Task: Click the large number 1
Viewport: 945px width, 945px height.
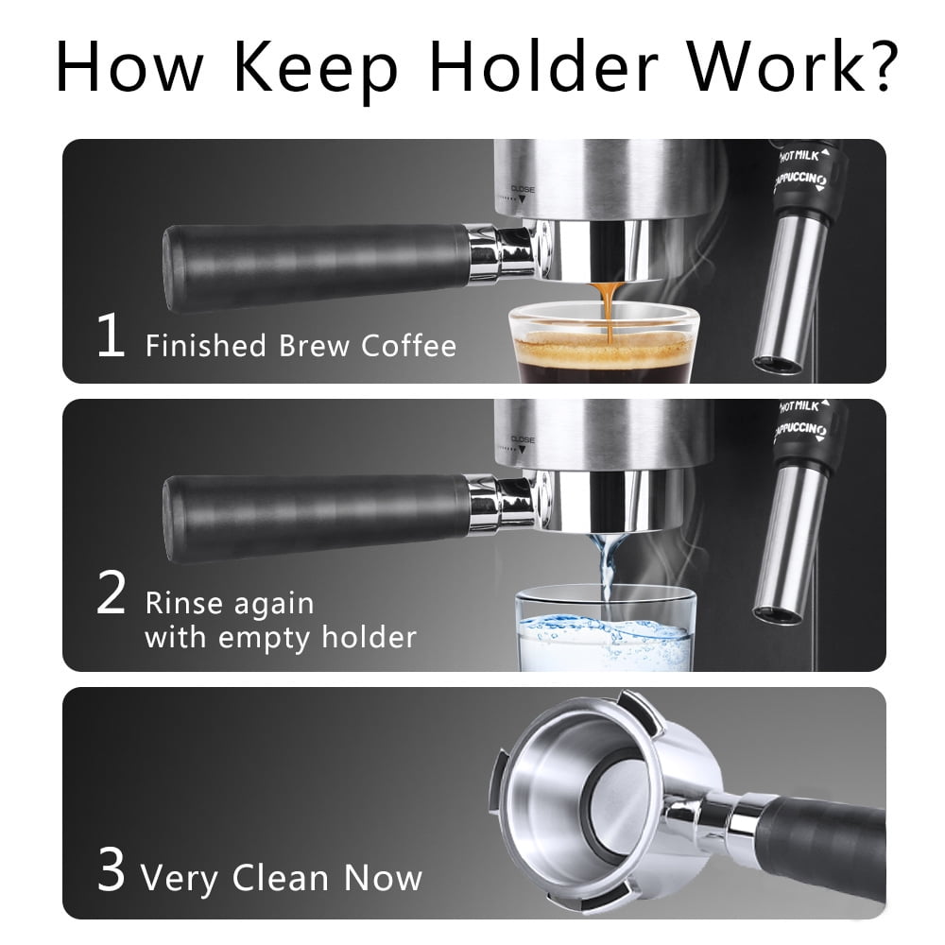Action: tap(111, 338)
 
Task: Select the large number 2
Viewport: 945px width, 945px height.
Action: tap(112, 595)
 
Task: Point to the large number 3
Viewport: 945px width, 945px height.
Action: tap(112, 871)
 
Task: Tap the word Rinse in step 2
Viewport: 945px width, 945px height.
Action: tap(183, 603)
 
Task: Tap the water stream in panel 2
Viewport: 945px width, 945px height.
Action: tap(605, 567)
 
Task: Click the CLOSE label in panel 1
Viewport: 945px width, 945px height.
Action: tap(523, 189)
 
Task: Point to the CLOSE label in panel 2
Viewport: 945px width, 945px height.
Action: tap(523, 439)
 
